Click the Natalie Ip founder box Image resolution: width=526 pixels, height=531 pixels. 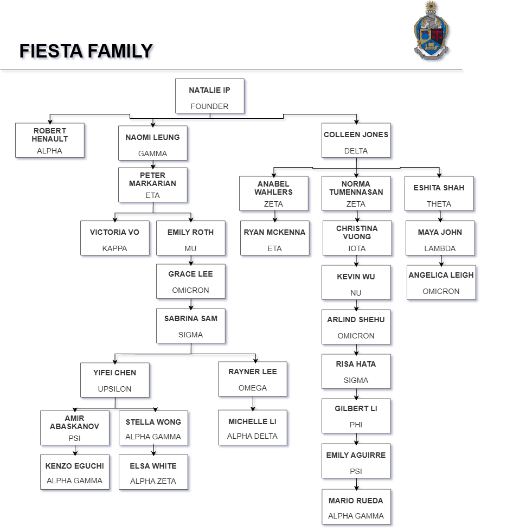(x=209, y=96)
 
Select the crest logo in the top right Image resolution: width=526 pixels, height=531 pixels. (x=432, y=31)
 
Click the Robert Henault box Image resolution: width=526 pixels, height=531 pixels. (x=50, y=140)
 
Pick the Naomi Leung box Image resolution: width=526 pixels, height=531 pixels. (x=152, y=144)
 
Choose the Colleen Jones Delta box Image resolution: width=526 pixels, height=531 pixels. (x=356, y=141)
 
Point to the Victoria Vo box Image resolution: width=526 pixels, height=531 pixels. (x=114, y=238)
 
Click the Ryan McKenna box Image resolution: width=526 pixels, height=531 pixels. (x=274, y=238)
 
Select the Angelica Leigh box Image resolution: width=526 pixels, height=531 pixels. (x=441, y=282)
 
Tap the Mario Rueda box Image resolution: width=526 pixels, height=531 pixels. (x=356, y=507)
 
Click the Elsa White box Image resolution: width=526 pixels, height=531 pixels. (x=153, y=472)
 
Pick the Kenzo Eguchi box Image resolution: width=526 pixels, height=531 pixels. (x=74, y=472)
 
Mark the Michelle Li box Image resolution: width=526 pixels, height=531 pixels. (x=252, y=428)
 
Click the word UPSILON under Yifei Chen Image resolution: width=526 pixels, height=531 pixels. (x=114, y=389)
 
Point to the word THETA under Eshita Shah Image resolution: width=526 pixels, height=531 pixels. (x=439, y=204)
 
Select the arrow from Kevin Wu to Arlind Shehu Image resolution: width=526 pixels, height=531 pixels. (x=356, y=305)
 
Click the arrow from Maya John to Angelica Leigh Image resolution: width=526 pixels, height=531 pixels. (x=441, y=260)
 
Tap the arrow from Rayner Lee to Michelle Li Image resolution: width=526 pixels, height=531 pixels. (x=252, y=404)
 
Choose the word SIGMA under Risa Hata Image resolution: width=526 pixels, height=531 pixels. (x=356, y=380)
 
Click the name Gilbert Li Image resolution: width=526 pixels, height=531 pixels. (x=356, y=408)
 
